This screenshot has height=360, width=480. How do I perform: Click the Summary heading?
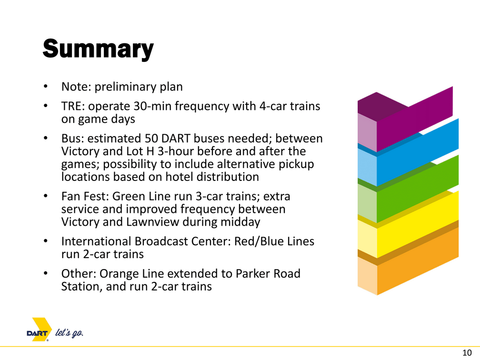point(98,49)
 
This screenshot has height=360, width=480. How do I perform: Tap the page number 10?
point(467,353)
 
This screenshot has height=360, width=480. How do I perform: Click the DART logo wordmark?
point(37,333)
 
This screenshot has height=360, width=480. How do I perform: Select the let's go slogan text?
point(69,333)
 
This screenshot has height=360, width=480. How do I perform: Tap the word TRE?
point(73,106)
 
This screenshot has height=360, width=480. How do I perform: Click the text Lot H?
point(140,151)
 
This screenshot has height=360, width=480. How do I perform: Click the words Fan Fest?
point(85,196)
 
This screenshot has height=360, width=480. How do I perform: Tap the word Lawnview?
point(153,222)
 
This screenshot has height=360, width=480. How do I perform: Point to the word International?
point(96,241)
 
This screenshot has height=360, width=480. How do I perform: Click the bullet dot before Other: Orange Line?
point(46,273)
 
